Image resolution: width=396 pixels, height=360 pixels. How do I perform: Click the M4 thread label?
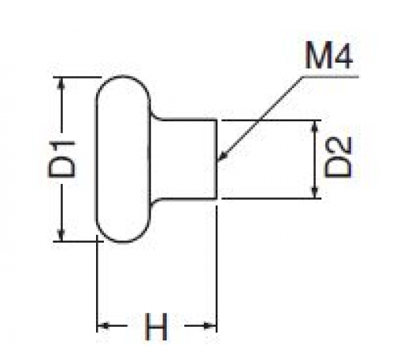(329, 56)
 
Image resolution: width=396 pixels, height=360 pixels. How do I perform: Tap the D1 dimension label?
(62, 159)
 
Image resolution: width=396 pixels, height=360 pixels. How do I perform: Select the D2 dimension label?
(338, 157)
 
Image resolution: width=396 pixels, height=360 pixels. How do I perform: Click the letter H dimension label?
(156, 327)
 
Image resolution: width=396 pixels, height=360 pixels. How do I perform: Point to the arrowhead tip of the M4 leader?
(218, 160)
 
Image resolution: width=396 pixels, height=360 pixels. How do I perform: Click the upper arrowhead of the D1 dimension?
(61, 82)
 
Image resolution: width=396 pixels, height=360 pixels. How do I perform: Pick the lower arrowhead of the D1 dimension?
(61, 237)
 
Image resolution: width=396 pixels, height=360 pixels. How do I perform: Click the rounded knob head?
(123, 159)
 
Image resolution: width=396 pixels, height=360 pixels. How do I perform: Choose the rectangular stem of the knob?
(183, 159)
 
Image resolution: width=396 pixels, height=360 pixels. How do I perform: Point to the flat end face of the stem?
(217, 159)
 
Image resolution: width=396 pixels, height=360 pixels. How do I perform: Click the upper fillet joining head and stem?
(155, 114)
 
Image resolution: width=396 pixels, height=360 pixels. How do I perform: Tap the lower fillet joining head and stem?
(155, 204)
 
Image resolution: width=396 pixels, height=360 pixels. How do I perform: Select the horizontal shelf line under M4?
(330, 77)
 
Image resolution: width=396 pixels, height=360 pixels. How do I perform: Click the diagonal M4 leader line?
(260, 118)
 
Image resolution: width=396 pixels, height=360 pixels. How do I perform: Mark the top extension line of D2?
(271, 121)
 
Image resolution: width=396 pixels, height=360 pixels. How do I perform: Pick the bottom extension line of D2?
(271, 198)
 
